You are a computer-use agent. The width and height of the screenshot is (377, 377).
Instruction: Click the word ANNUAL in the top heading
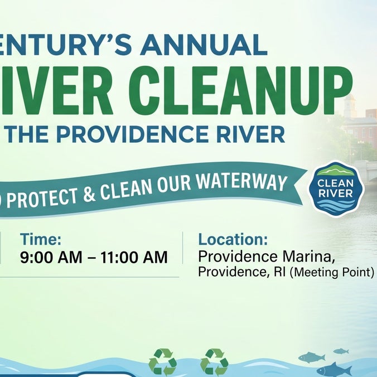tap(204, 45)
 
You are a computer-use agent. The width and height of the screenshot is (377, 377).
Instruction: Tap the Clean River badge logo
tap(336, 188)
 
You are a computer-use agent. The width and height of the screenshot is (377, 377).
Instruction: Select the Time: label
tap(41, 239)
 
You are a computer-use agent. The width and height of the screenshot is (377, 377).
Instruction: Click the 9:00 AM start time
tap(51, 257)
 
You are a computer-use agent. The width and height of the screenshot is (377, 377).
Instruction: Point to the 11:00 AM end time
tap(134, 257)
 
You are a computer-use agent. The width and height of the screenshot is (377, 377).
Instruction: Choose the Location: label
tap(233, 239)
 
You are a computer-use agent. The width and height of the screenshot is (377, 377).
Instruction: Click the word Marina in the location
tap(308, 257)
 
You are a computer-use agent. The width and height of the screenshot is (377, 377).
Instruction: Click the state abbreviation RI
tap(281, 272)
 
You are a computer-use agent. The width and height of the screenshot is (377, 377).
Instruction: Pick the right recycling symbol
tap(214, 361)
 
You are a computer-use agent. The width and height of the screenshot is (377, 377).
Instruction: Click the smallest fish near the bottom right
tap(341, 351)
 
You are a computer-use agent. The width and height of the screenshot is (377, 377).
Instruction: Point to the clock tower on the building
tap(350, 106)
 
